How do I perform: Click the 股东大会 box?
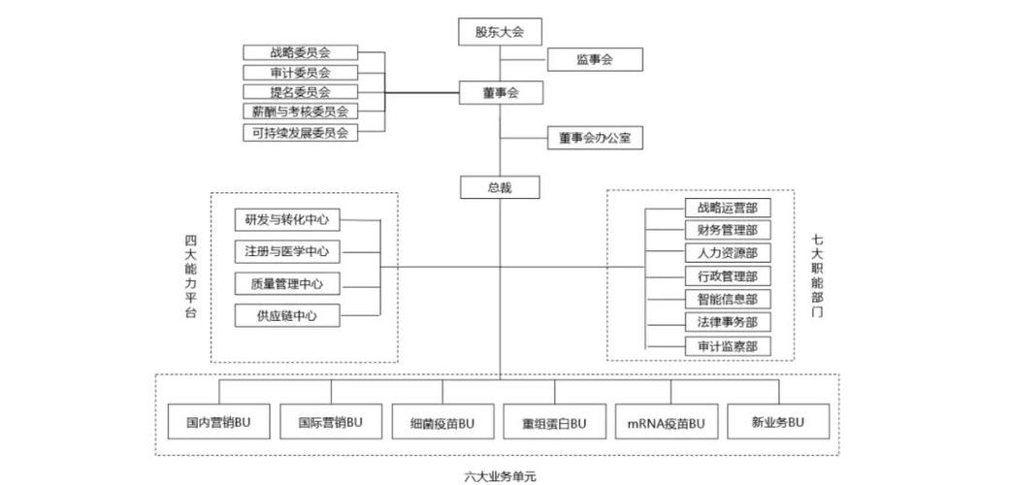click(499, 32)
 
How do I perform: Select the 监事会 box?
click(594, 59)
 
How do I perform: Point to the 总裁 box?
click(499, 187)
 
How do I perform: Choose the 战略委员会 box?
click(300, 52)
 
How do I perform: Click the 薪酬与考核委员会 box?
click(300, 112)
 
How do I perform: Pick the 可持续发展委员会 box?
click(300, 132)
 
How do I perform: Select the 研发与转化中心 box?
click(287, 220)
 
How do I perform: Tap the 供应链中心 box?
click(287, 314)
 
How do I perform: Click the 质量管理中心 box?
click(287, 283)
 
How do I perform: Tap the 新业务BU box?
click(778, 422)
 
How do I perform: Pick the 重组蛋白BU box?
click(554, 422)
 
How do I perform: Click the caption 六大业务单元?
click(500, 475)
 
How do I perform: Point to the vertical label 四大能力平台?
click(191, 276)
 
